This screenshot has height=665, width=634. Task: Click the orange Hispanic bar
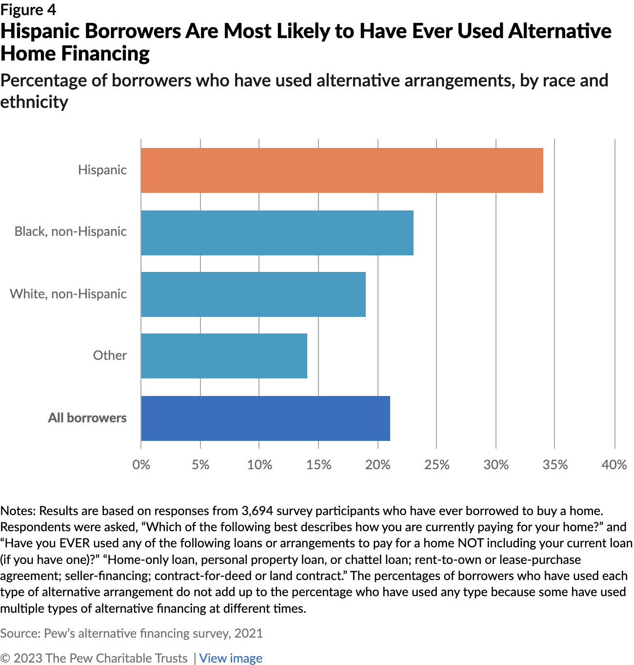341,170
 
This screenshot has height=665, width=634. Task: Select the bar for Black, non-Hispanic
277,232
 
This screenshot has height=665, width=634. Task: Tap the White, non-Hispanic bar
253,294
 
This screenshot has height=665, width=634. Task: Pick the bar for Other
224,356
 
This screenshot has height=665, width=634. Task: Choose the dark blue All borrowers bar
265,418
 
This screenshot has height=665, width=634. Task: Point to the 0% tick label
141,464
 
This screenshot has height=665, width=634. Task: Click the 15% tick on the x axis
318,464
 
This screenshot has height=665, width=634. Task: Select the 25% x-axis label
436,464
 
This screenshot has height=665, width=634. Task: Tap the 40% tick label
614,464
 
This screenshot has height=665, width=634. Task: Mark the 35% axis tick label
555,464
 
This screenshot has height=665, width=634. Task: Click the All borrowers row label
87,418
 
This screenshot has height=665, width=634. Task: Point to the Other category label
110,355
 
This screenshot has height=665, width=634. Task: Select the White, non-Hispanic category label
68,294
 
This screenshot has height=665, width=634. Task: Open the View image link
231,658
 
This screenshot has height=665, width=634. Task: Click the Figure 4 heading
28,10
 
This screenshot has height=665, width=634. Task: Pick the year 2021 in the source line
248,633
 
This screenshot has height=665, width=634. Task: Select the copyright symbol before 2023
5,658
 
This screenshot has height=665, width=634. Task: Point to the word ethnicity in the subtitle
34,102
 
